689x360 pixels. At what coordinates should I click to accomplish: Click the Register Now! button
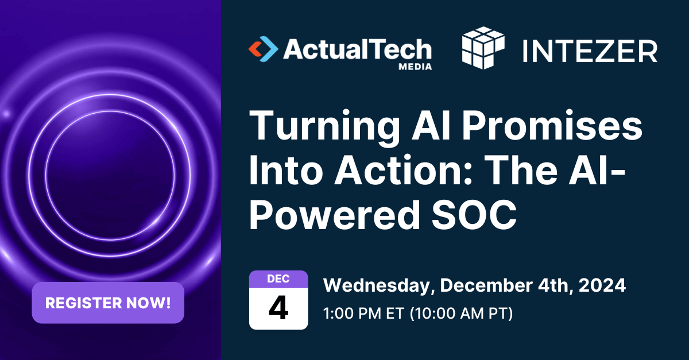[x=108, y=303]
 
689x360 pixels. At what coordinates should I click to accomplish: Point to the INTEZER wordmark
[x=590, y=51]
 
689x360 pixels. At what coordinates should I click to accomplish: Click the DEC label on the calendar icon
[x=278, y=279]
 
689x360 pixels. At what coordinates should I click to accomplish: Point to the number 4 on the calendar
[x=278, y=308]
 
